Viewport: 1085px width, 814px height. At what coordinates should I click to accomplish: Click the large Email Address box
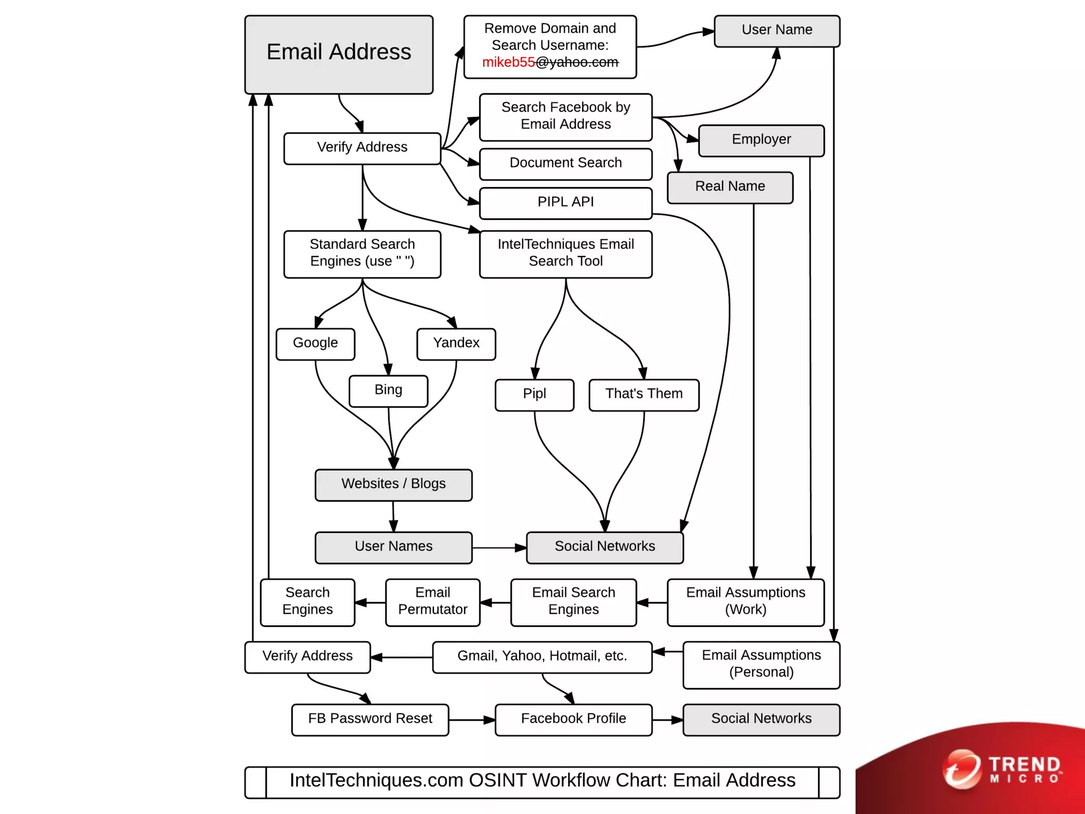pyautogui.click(x=339, y=55)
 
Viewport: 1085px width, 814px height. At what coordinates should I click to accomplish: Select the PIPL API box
pyautogui.click(x=565, y=203)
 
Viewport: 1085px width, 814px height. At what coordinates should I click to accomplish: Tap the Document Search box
pyautogui.click(x=565, y=164)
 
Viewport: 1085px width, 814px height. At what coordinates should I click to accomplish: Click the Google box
pyautogui.click(x=315, y=344)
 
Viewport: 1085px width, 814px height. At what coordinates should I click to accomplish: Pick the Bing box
pyautogui.click(x=388, y=391)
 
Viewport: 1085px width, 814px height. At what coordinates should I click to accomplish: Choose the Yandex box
pyautogui.click(x=456, y=344)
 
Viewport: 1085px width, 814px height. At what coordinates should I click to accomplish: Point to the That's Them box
pyautogui.click(x=644, y=395)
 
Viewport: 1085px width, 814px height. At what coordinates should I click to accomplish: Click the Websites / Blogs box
pyautogui.click(x=393, y=485)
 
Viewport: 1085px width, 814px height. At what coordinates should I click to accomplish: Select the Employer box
pyautogui.click(x=761, y=140)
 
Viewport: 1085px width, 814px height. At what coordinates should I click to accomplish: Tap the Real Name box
pyautogui.click(x=730, y=188)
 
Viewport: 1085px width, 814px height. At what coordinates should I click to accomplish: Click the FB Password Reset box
pyautogui.click(x=370, y=720)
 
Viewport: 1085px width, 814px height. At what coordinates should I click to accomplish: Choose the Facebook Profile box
pyautogui.click(x=573, y=720)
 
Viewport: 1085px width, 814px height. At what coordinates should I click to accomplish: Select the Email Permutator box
pyautogui.click(x=432, y=602)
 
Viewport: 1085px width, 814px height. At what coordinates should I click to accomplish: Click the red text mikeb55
pyautogui.click(x=509, y=63)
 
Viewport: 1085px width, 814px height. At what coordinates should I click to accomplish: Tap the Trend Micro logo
pyautogui.click(x=1001, y=769)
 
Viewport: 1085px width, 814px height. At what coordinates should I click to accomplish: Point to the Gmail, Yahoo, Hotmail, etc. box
pyautogui.click(x=542, y=657)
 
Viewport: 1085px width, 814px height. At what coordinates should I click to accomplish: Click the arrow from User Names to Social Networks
pyautogui.click(x=499, y=548)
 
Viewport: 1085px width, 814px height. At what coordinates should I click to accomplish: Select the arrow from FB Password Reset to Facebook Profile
pyautogui.click(x=472, y=720)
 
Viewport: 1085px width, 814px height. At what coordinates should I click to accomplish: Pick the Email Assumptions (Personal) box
pyautogui.click(x=761, y=665)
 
